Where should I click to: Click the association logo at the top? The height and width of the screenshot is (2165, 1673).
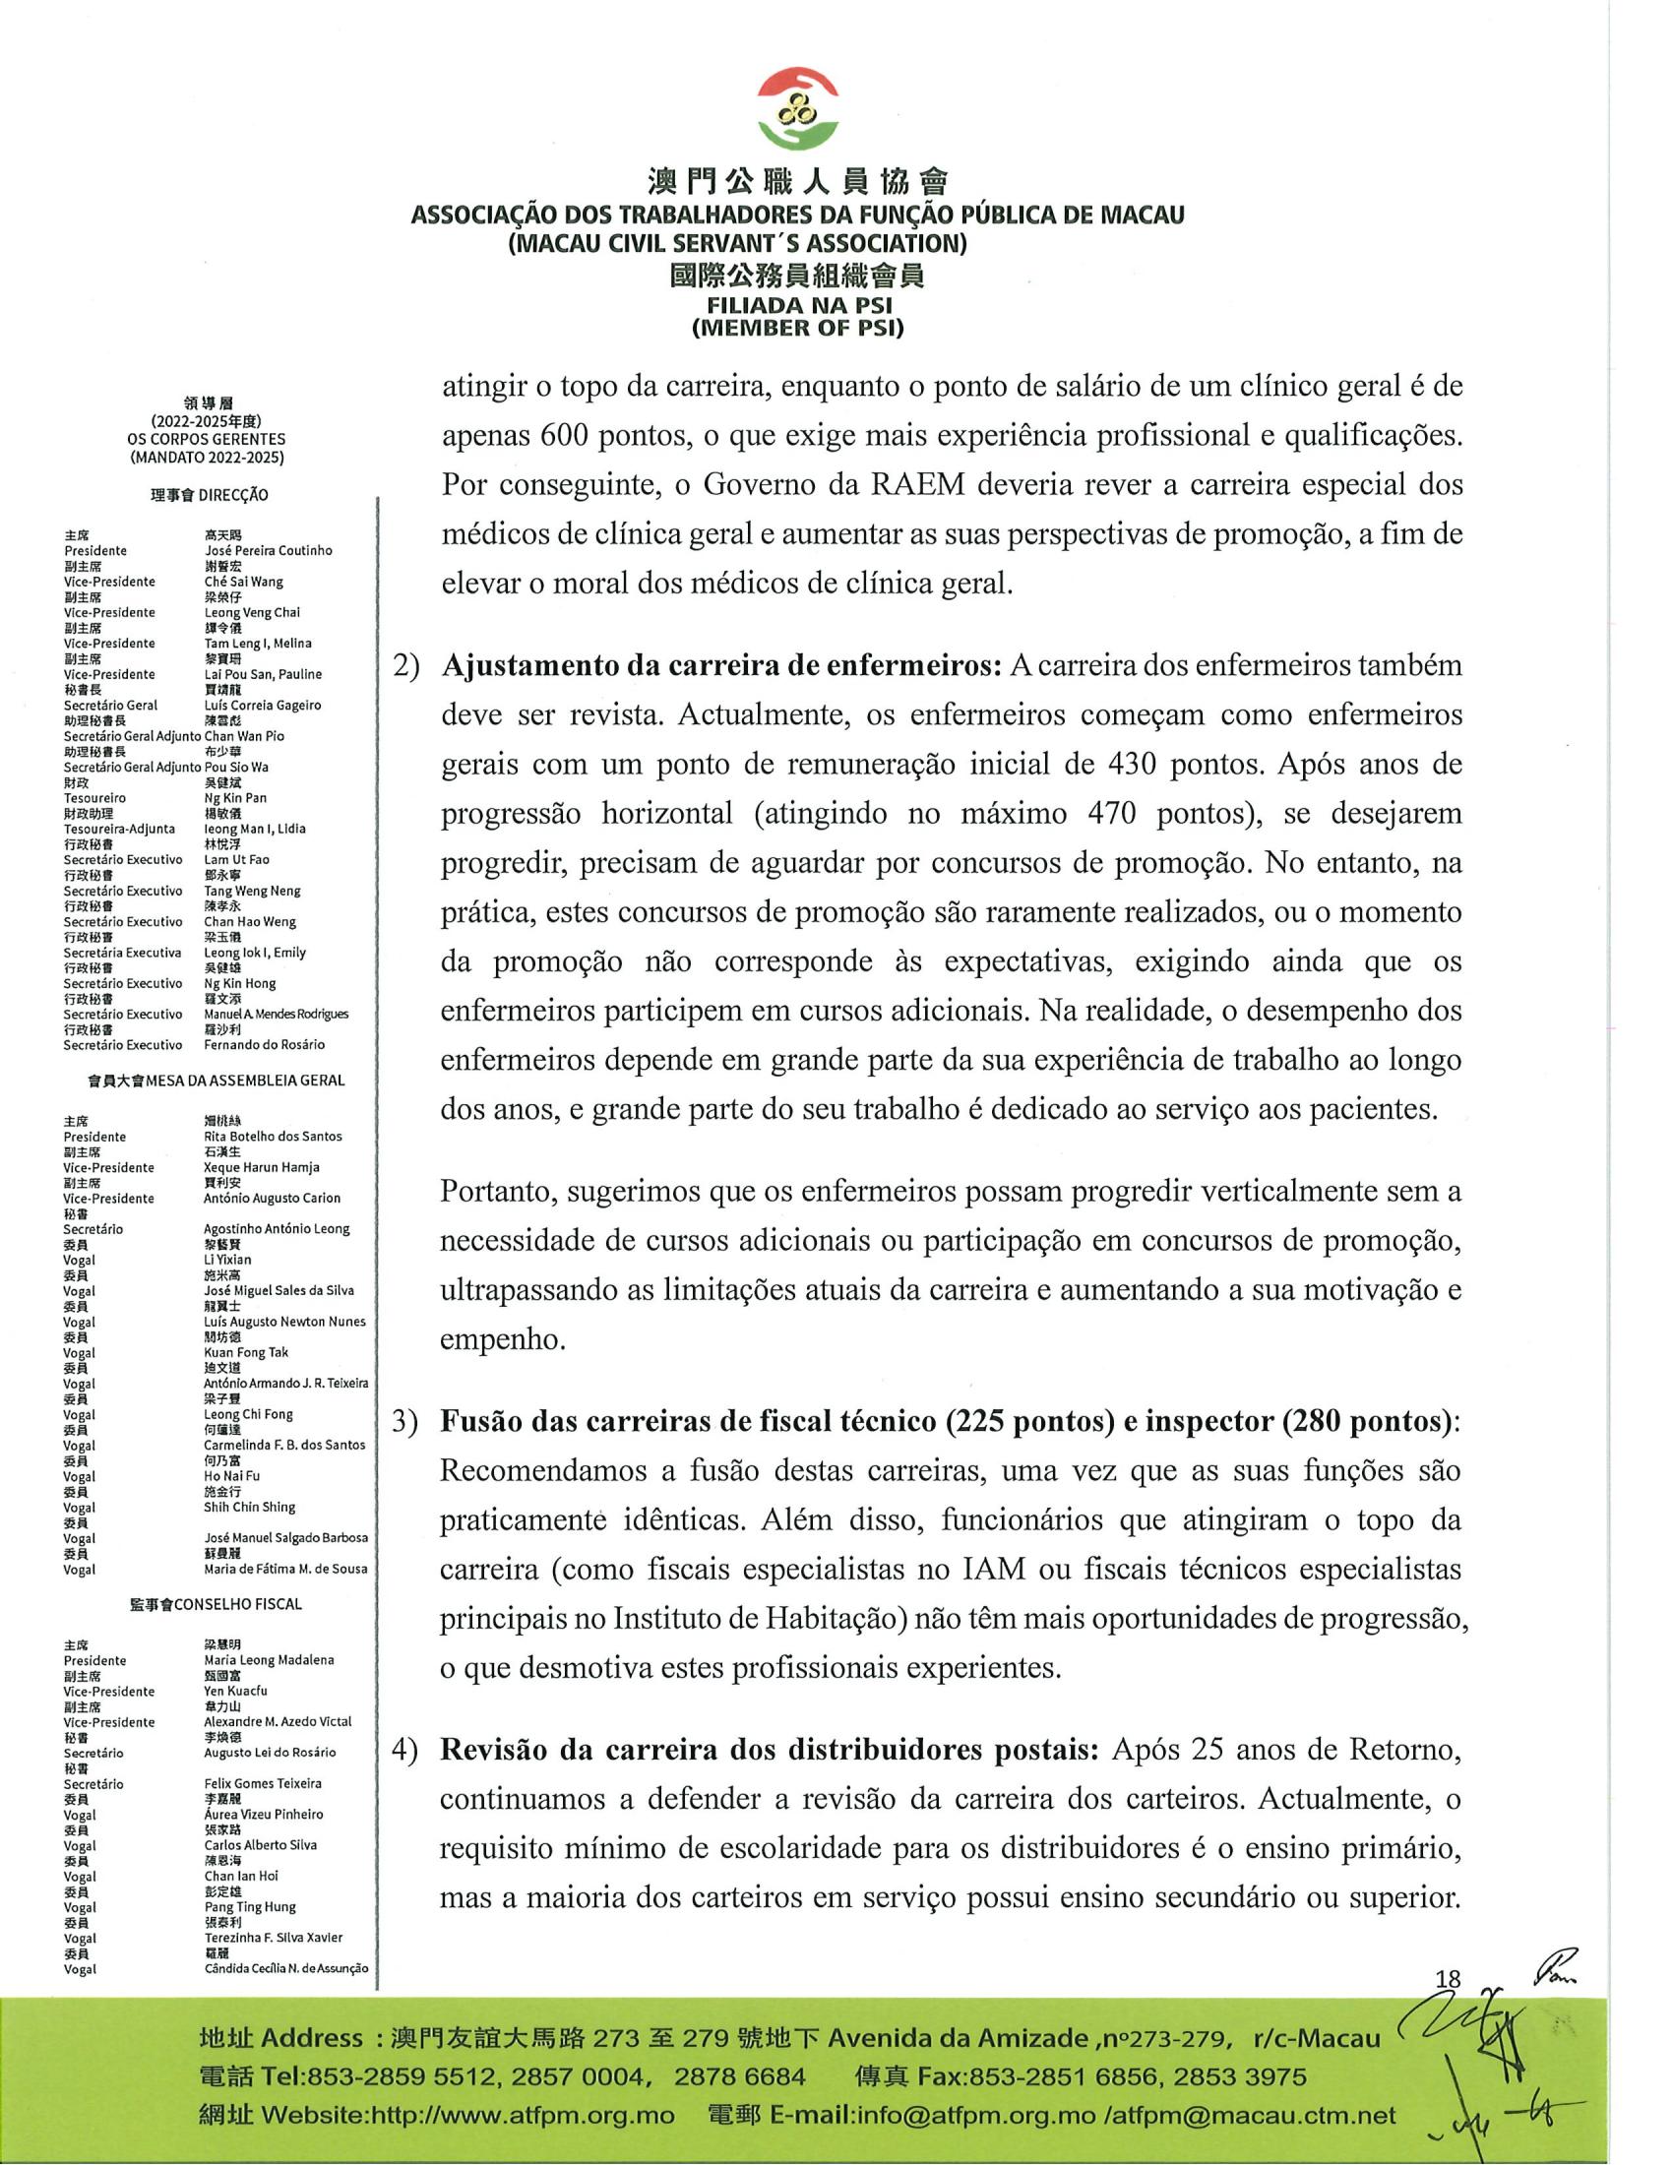(x=798, y=108)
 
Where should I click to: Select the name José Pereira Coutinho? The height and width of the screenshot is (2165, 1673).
(x=268, y=550)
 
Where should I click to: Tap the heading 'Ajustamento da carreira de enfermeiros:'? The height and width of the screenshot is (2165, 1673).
(x=721, y=665)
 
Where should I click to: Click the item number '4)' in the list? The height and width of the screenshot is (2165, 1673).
(x=406, y=1750)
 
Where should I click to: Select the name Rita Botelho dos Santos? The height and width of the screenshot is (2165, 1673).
(x=273, y=1136)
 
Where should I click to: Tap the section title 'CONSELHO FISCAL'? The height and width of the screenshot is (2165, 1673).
(x=238, y=1604)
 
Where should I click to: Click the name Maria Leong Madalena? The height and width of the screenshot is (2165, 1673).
(x=269, y=1659)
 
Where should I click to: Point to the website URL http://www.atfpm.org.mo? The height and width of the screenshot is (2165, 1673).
(x=522, y=2116)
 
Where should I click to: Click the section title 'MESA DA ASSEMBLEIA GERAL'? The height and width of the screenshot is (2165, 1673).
(x=245, y=1081)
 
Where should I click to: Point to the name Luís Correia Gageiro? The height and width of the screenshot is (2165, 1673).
(x=263, y=705)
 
